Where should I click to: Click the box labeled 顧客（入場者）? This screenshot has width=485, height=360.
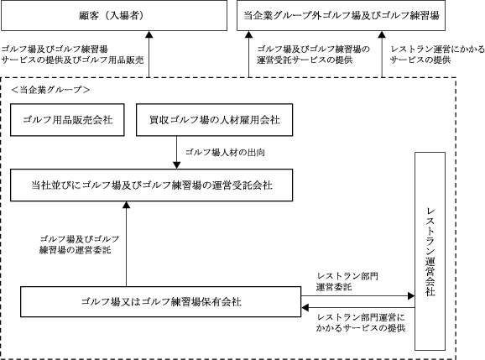[114, 15]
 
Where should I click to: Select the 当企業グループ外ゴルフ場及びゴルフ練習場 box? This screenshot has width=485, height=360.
[341, 15]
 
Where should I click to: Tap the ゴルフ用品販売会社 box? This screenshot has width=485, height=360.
[67, 120]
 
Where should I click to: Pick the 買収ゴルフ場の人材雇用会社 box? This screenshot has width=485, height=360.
[214, 120]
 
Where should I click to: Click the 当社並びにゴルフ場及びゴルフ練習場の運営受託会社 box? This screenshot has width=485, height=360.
[152, 185]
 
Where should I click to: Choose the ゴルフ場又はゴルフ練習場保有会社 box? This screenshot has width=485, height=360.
[161, 302]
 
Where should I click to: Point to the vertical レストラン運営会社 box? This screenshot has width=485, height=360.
[430, 251]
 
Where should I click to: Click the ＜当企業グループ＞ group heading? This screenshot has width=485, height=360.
[50, 90]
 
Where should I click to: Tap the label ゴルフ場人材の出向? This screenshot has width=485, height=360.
[225, 153]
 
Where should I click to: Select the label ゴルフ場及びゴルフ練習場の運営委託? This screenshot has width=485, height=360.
[79, 244]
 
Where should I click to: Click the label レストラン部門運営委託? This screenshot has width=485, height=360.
[347, 281]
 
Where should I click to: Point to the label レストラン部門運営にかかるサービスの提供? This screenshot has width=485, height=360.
[361, 322]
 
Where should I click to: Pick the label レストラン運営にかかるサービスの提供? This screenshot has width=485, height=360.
[437, 55]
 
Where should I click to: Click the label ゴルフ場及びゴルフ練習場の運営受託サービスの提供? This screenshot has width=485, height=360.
[313, 55]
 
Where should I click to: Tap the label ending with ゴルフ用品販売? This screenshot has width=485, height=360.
[72, 55]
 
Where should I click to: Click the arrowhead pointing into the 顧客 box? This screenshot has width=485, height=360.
[149, 34]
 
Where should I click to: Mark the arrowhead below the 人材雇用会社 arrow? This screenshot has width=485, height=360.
[176, 165]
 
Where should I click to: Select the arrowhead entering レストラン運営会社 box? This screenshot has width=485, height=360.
[411, 296]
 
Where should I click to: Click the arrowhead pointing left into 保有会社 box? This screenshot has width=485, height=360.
[305, 308]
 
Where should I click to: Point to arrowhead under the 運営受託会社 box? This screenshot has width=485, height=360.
[126, 205]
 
